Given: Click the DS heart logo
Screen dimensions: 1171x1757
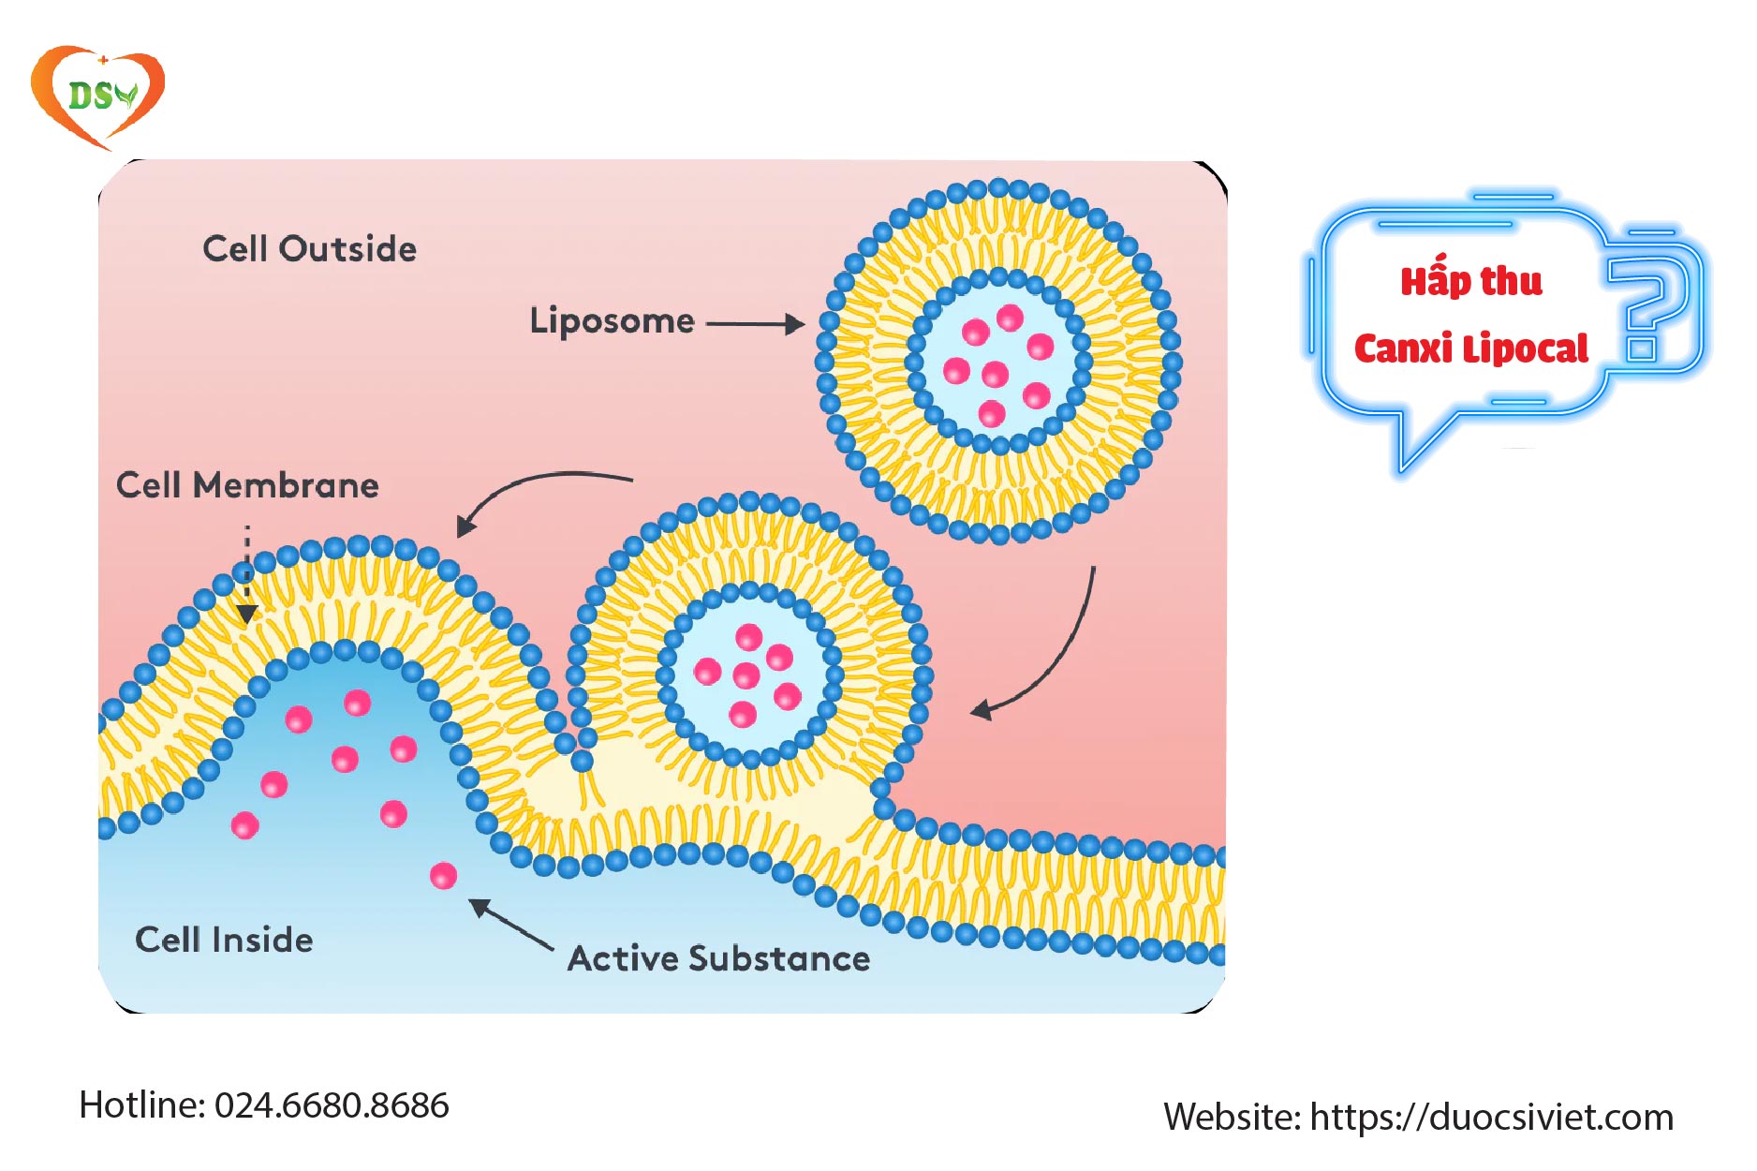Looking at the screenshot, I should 97,96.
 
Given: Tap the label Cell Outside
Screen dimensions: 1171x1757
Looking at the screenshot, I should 309,249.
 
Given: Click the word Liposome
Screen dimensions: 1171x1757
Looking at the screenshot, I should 612,321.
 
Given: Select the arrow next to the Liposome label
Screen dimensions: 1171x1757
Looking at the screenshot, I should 755,324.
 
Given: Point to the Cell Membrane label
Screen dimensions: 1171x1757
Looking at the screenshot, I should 247,485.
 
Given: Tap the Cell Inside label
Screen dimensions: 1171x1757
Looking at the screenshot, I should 224,940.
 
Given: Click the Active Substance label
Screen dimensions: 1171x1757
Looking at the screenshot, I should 718,958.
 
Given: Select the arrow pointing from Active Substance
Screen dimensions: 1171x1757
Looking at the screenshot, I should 511,925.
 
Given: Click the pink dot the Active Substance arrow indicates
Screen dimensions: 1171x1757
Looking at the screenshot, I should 443,876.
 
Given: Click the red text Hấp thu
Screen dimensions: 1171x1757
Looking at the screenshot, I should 1470,280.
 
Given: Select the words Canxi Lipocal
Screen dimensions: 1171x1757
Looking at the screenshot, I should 1470,349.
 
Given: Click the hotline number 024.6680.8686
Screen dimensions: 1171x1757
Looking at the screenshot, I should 332,1105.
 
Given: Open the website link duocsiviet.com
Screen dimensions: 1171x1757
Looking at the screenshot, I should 1491,1118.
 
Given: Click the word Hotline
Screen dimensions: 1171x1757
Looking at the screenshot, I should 141,1105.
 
